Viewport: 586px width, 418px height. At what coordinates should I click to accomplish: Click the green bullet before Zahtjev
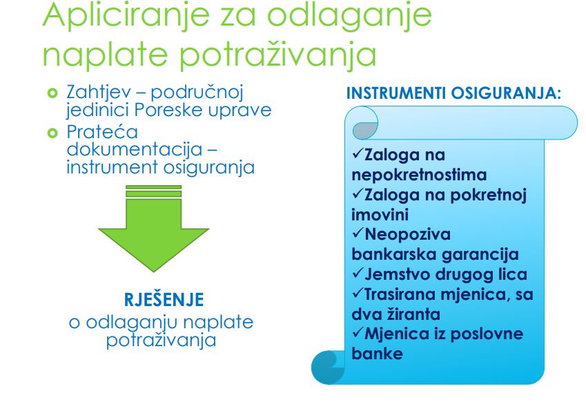52,93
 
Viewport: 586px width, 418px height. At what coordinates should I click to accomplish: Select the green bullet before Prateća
52,133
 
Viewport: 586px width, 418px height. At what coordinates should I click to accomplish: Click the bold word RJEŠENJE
164,299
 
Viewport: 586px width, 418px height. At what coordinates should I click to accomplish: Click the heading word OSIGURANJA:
506,93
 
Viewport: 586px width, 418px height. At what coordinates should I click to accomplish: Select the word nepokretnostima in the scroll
419,175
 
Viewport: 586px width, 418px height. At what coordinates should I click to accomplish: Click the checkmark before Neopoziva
358,233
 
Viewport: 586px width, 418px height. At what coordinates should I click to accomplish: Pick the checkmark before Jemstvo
358,273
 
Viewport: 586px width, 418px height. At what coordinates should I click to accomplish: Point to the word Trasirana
400,294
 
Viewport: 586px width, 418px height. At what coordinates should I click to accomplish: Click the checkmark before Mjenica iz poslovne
358,332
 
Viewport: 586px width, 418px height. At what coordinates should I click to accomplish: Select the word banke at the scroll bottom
377,354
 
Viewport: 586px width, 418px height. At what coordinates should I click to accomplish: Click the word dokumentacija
135,149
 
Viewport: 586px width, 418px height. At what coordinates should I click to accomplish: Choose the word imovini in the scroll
375,215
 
